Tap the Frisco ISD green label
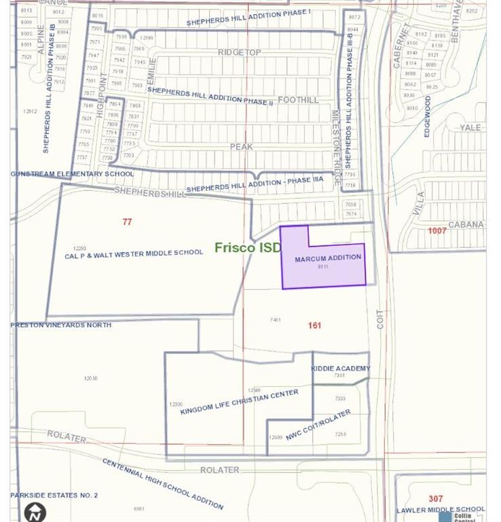tap(247, 247)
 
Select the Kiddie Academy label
tap(341, 368)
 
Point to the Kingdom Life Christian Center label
tap(239, 402)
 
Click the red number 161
tap(314, 326)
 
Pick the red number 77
tap(127, 222)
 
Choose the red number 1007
tap(437, 231)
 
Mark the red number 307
tap(435, 499)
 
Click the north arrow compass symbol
tap(35, 511)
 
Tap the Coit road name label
tap(380, 319)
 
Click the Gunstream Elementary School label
tap(72, 174)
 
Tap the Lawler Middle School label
tap(441, 509)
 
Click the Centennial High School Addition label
tap(163, 483)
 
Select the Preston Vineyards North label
tap(60, 325)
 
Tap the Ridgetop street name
tap(239, 52)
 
